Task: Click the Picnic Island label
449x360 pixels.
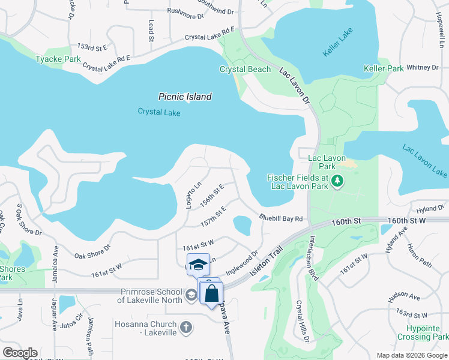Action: (185, 97)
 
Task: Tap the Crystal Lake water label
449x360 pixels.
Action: (159, 112)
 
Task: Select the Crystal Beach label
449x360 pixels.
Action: (245, 69)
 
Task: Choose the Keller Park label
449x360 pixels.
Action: (384, 69)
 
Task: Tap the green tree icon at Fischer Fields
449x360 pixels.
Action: (337, 180)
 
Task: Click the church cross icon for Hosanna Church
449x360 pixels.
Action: (186, 327)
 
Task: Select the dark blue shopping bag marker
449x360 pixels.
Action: (211, 293)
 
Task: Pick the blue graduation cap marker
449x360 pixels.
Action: (197, 264)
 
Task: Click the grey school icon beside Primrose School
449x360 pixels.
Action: (190, 294)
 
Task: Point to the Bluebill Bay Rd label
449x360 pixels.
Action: (280, 218)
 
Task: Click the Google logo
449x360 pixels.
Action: (20, 353)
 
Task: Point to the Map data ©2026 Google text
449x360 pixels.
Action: (411, 355)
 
